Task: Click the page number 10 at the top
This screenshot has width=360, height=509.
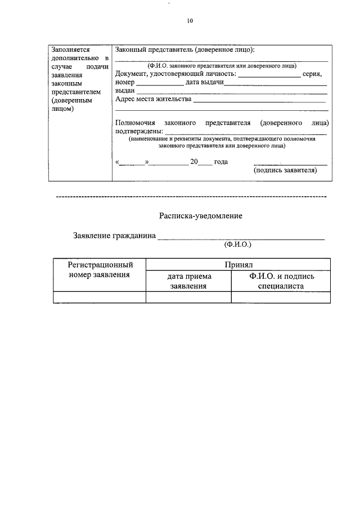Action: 190,21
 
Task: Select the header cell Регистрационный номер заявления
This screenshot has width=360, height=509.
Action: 100,269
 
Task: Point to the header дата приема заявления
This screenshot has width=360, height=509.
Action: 188,281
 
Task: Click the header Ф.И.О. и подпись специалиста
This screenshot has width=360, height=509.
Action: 281,281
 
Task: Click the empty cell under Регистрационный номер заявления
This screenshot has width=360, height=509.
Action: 100,298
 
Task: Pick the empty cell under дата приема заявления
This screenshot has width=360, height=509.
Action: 188,298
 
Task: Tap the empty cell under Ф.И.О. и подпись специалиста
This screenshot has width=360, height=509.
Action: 281,298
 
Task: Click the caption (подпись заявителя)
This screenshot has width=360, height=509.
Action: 285,170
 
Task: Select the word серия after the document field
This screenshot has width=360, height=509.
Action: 312,74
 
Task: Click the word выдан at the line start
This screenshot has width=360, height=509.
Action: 124,91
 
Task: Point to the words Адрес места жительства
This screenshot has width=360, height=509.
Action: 152,100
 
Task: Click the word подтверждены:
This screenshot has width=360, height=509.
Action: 139,131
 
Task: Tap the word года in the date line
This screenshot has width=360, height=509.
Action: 220,162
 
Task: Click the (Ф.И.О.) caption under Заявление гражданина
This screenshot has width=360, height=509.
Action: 237,245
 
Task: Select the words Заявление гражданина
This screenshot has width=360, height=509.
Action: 114,236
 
